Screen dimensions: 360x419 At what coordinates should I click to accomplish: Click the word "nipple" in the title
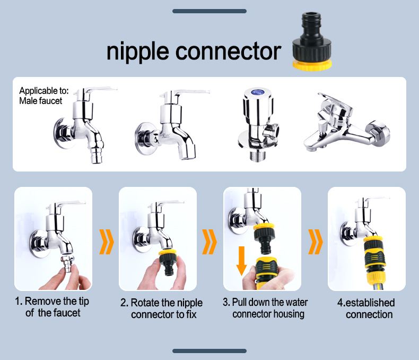138,52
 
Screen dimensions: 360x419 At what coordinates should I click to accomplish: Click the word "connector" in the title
228,52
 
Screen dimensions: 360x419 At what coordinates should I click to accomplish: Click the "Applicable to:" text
44,91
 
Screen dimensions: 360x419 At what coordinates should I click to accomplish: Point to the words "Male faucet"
41,100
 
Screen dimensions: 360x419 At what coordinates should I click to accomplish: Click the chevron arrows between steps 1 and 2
107,242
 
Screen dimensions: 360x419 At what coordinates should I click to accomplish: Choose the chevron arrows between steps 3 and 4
316,242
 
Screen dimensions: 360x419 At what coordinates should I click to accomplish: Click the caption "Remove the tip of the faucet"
53,307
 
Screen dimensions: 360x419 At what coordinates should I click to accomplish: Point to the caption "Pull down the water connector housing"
268,308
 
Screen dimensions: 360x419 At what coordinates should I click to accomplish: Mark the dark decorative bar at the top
210,11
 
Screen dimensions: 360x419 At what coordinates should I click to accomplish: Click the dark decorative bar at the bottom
210,351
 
